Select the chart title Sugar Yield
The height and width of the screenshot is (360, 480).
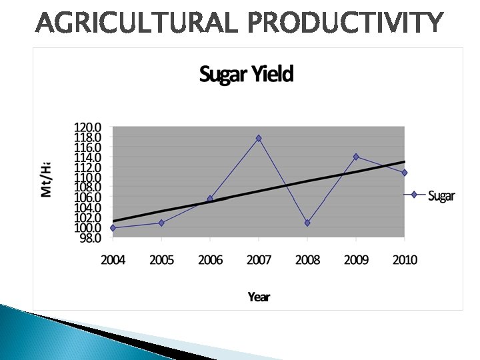tap(246, 74)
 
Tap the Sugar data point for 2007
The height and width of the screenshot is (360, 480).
tap(259, 138)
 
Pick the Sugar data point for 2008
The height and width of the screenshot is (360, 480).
tap(307, 223)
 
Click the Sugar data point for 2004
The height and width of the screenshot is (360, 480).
tap(113, 228)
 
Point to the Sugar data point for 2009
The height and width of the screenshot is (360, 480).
tap(356, 157)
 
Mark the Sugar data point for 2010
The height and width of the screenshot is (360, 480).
tap(404, 173)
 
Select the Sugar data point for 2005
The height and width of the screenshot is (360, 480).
tap(161, 223)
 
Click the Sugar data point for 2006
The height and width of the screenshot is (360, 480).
tap(210, 199)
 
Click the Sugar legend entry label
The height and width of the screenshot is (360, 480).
tap(441, 196)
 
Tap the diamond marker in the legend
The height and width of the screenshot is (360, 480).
tap(414, 195)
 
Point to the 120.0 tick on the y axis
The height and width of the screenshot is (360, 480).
tap(87, 127)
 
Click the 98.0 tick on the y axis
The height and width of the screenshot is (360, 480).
tap(89, 237)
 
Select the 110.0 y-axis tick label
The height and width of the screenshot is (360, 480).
tap(87, 177)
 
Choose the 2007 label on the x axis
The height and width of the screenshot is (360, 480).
tap(259, 260)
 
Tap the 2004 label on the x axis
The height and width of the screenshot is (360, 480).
tap(113, 260)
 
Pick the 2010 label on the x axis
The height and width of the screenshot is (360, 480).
tap(404, 260)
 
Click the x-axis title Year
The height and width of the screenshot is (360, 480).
tap(259, 297)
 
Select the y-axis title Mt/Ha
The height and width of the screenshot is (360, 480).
tap(46, 179)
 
